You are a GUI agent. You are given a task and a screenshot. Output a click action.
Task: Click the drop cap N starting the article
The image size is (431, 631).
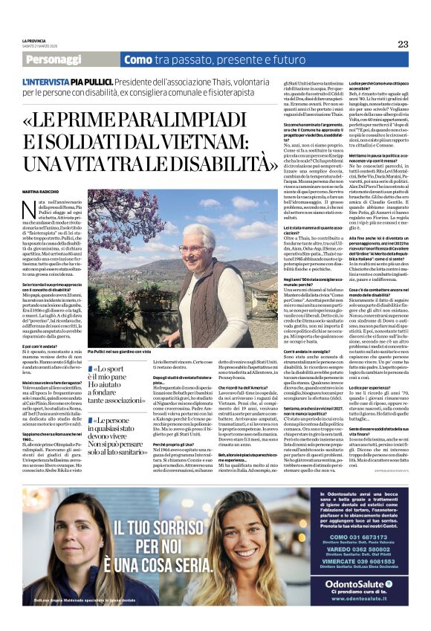tap(50, 209)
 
